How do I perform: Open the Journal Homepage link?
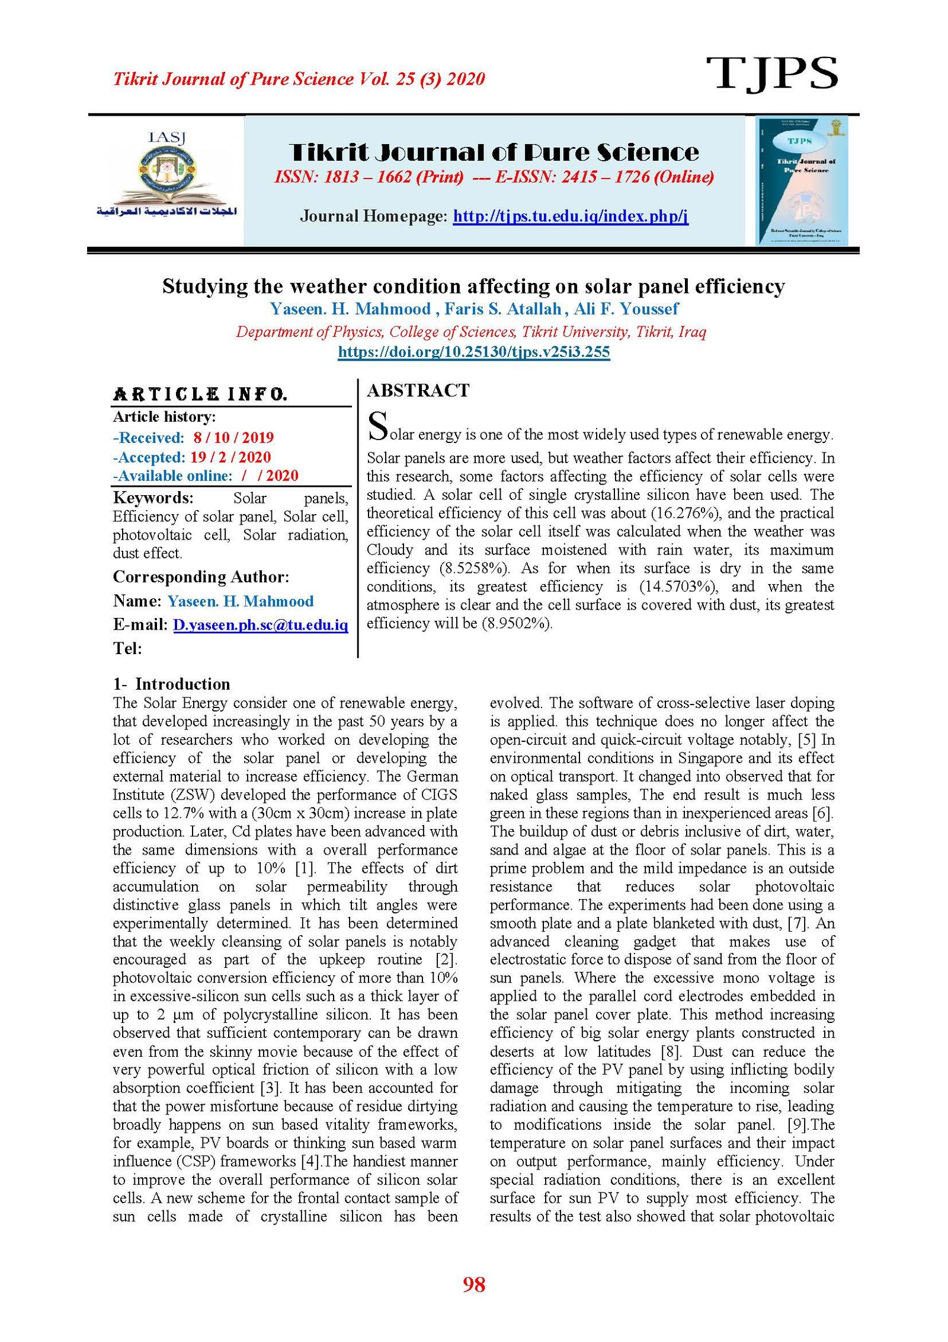pyautogui.click(x=570, y=216)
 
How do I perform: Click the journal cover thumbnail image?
pyautogui.click(x=802, y=180)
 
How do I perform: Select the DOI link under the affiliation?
pyautogui.click(x=473, y=352)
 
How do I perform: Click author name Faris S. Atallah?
pyautogui.click(x=502, y=309)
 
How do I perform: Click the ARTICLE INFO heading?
pyautogui.click(x=200, y=394)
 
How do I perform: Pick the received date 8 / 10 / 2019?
pyautogui.click(x=233, y=438)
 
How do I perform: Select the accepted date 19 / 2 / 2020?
pyautogui.click(x=230, y=457)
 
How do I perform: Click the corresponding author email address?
pyautogui.click(x=260, y=624)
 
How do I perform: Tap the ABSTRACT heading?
pyautogui.click(x=418, y=390)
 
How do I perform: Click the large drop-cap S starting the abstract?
pyautogui.click(x=378, y=426)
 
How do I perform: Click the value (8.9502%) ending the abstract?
pyautogui.click(x=516, y=623)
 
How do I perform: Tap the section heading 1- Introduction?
pyautogui.click(x=171, y=684)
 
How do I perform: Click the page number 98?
pyautogui.click(x=473, y=1284)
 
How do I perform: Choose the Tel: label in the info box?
pyautogui.click(x=127, y=648)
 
